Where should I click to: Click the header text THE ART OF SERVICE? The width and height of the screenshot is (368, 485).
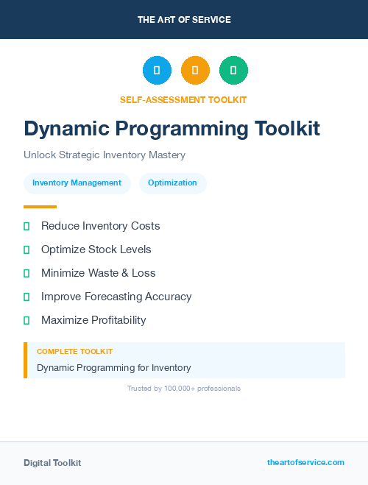coord(184,20)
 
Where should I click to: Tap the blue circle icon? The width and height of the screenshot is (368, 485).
coord(157,71)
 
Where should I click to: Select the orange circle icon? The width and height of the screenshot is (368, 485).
coord(195,71)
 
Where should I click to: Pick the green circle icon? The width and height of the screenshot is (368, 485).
coord(233,71)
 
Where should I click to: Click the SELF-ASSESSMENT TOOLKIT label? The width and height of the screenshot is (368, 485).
coord(183,99)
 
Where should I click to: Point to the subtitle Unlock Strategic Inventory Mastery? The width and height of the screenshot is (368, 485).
coord(105,155)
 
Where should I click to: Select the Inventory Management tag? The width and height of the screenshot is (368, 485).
coord(77,183)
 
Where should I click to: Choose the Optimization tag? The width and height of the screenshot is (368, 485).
coord(172,183)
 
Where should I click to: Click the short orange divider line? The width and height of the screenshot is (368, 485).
coord(40,207)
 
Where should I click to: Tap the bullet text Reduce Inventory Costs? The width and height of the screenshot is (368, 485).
coord(100,226)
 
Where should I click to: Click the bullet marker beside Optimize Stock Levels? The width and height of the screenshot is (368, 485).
coord(26,249)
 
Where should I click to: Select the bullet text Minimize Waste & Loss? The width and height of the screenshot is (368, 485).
coord(98,273)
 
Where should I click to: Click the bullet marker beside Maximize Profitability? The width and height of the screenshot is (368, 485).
coord(26,320)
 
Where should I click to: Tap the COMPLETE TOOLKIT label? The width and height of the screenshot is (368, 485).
coord(74,352)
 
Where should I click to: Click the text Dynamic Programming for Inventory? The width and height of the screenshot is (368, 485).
coord(113,367)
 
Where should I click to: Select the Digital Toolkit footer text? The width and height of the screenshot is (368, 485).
coord(52,463)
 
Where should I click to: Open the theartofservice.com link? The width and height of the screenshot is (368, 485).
coord(305,462)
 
